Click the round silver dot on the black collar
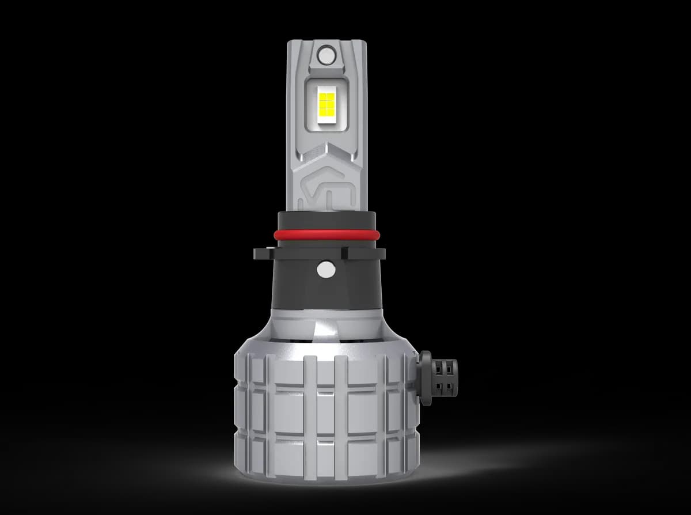326,269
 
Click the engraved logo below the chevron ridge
326,184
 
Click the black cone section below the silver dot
326,294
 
